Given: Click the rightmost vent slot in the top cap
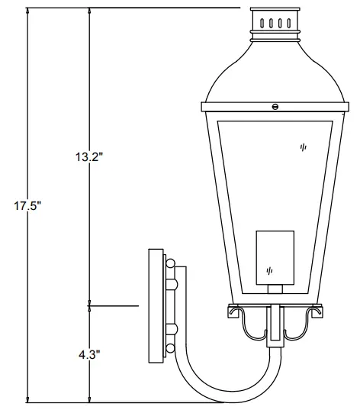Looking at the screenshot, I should [291, 23].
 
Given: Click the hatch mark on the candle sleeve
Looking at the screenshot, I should [268, 270].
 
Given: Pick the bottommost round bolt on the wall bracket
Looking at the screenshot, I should [170, 330].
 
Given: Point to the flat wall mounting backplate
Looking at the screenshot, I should [156, 305].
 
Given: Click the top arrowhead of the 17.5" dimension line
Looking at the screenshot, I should [27, 11].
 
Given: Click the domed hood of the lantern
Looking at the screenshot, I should [275, 73].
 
